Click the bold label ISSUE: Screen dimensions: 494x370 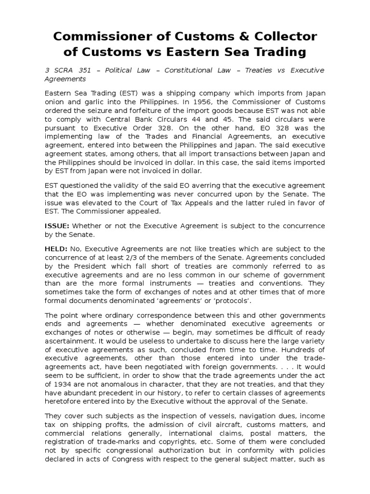click(57, 226)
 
